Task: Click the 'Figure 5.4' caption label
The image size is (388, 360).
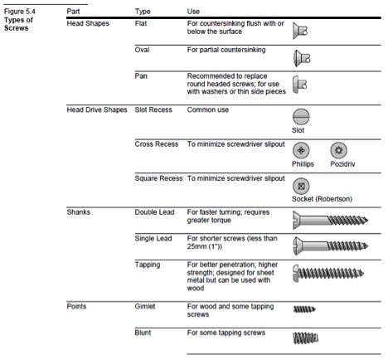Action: pyautogui.click(x=20, y=12)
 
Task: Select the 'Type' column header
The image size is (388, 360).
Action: pyautogui.click(x=143, y=12)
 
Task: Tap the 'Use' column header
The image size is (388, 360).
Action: pyautogui.click(x=193, y=12)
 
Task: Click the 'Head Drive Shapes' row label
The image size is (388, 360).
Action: pyautogui.click(x=97, y=109)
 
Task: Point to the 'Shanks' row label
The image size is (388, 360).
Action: pyautogui.click(x=78, y=212)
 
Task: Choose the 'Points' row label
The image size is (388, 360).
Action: pyautogui.click(x=76, y=306)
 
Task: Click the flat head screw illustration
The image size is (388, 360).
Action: pyautogui.click(x=300, y=31)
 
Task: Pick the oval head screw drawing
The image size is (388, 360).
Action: pyautogui.click(x=302, y=58)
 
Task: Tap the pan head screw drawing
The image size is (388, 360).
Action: pyautogui.click(x=300, y=85)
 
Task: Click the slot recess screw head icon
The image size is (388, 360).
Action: pyautogui.click(x=301, y=117)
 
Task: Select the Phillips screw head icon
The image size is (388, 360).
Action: pyautogui.click(x=301, y=150)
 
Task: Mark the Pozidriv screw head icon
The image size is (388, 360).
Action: pyautogui.click(x=338, y=150)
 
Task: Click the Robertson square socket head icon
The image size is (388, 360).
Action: pyautogui.click(x=301, y=186)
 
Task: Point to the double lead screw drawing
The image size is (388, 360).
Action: pyautogui.click(x=331, y=220)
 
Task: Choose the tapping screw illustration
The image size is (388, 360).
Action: pyautogui.click(x=328, y=273)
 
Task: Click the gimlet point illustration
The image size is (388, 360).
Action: pyautogui.click(x=304, y=309)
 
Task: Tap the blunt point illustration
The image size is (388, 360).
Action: pyautogui.click(x=305, y=338)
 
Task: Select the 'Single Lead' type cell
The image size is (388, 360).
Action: pyautogui.click(x=153, y=238)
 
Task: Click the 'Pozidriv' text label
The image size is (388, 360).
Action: pyautogui.click(x=342, y=164)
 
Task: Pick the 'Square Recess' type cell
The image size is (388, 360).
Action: pyautogui.click(x=158, y=178)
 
